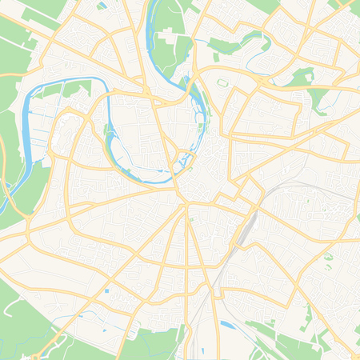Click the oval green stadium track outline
click(222, 82)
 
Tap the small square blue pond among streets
click(106, 291)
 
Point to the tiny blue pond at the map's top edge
click(102, 6)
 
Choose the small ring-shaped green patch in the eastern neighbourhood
click(327, 257)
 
